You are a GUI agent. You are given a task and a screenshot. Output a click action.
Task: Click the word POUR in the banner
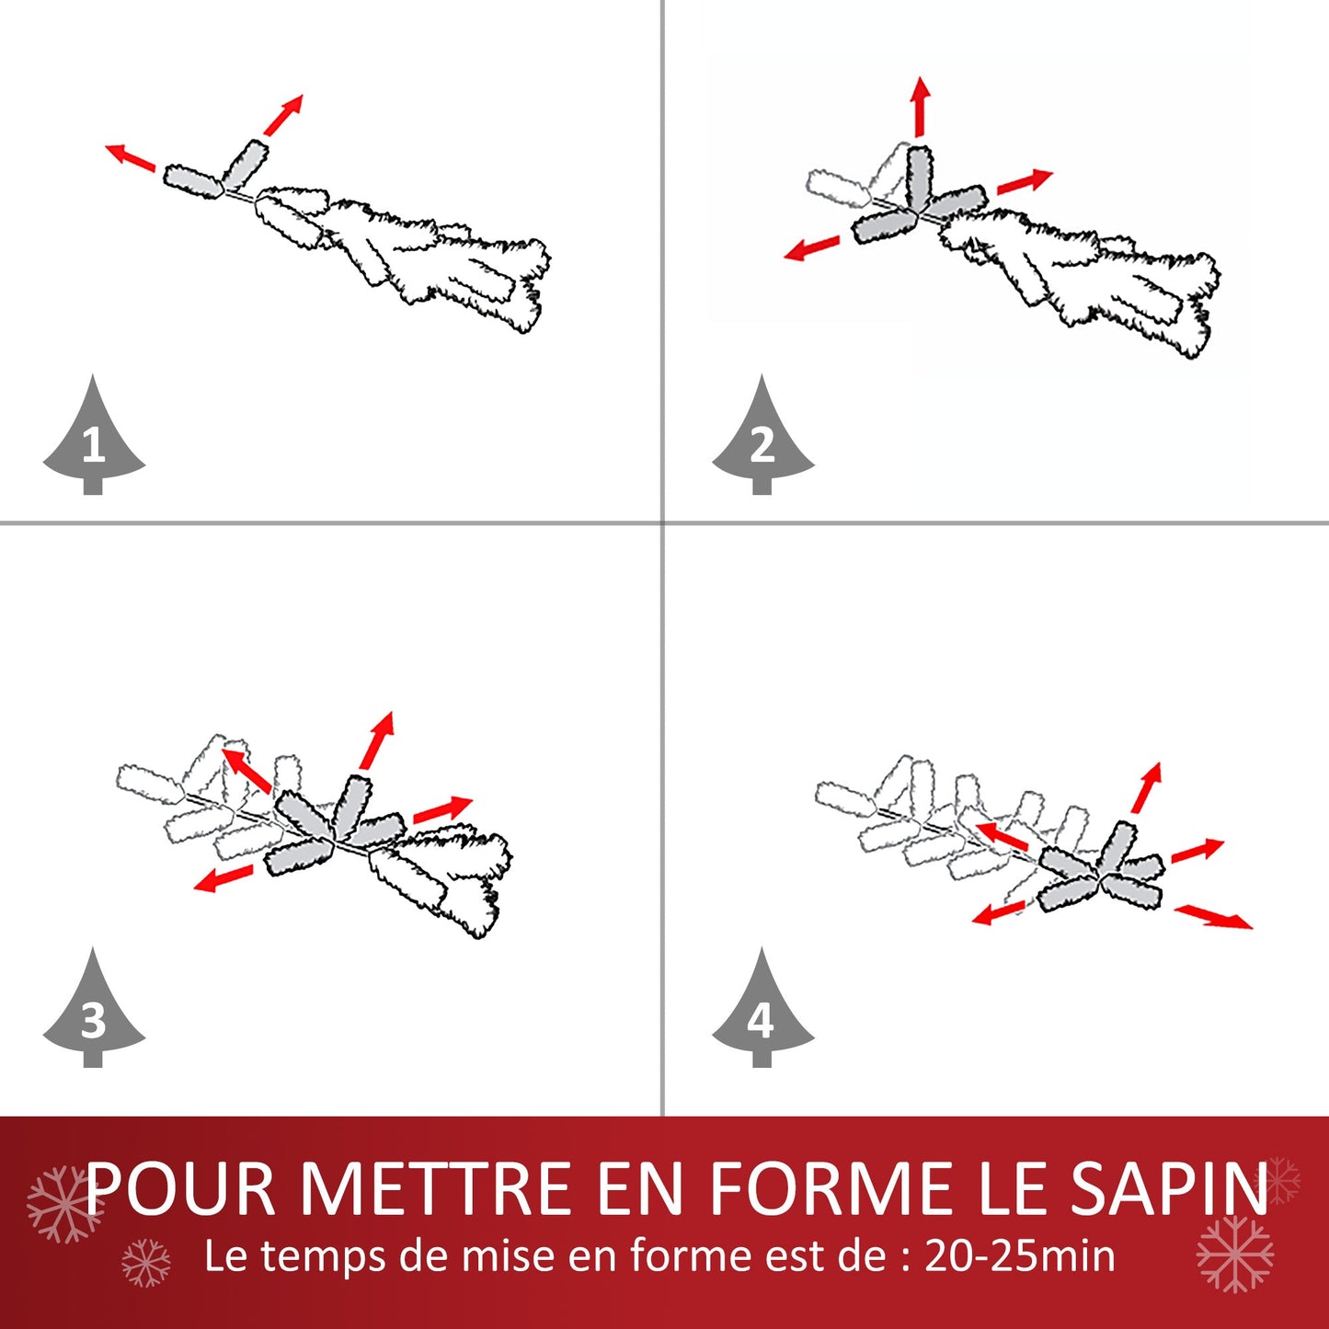[x=181, y=1190]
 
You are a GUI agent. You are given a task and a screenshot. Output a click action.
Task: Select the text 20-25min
[x=1019, y=1256]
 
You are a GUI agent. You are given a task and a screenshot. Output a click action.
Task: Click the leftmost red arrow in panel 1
[x=131, y=157]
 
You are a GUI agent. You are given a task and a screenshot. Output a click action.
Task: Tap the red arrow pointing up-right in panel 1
[x=283, y=115]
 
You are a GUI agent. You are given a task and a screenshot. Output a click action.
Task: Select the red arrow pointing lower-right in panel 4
[x=1214, y=916]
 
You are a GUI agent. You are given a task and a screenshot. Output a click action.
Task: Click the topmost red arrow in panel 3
[x=378, y=739]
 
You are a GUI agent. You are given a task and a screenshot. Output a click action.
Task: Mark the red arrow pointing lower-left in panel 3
[x=223, y=878]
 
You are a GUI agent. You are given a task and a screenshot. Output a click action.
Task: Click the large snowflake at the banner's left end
[x=62, y=1204]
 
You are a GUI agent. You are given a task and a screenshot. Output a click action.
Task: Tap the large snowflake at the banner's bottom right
[x=1234, y=1254]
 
